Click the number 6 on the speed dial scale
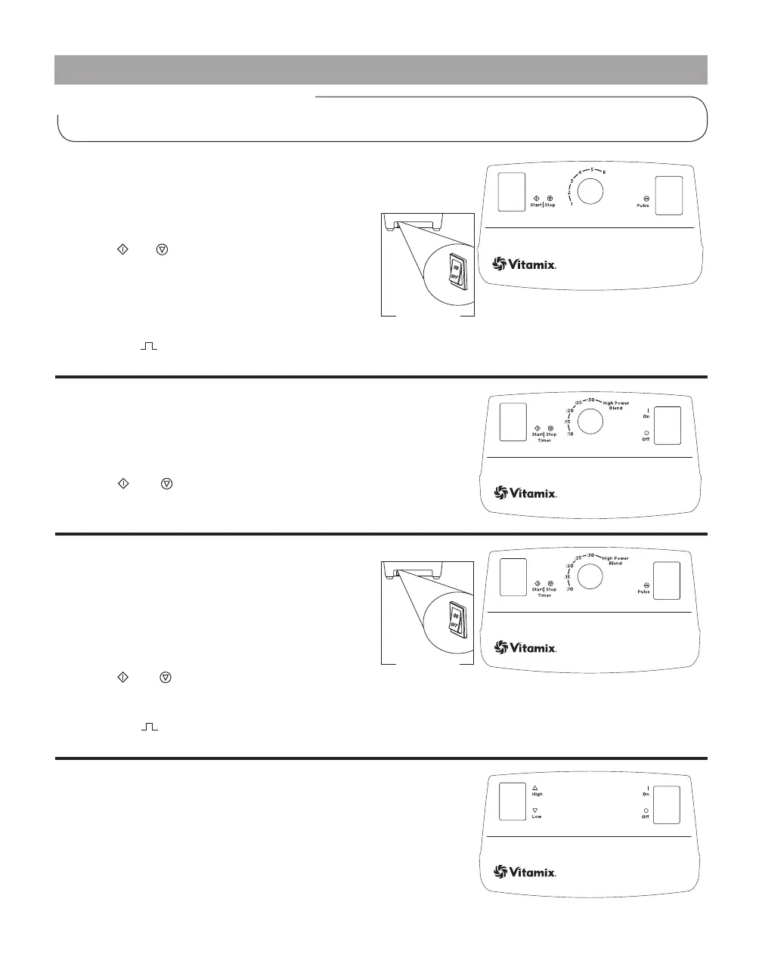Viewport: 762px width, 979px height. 604,172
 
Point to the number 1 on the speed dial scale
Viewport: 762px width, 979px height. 571,204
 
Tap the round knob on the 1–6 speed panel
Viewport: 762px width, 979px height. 590,192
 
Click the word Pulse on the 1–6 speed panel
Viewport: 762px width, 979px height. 643,205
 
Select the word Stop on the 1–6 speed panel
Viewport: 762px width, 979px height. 550,205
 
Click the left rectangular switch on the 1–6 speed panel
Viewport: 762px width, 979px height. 512,192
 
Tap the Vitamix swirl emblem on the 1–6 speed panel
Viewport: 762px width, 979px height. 500,264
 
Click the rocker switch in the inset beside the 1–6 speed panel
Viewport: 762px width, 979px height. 457,271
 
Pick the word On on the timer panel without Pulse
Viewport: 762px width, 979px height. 646,416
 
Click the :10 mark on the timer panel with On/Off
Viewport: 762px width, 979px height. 570,434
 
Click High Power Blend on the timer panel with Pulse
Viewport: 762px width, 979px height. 615,561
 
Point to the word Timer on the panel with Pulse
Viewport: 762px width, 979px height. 544,595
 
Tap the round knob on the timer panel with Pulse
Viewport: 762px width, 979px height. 590,577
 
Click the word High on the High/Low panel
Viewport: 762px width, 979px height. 537,794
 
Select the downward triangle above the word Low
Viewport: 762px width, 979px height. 534,810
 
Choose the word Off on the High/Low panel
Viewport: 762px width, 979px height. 646,817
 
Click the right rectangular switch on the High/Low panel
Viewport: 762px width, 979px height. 667,805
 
